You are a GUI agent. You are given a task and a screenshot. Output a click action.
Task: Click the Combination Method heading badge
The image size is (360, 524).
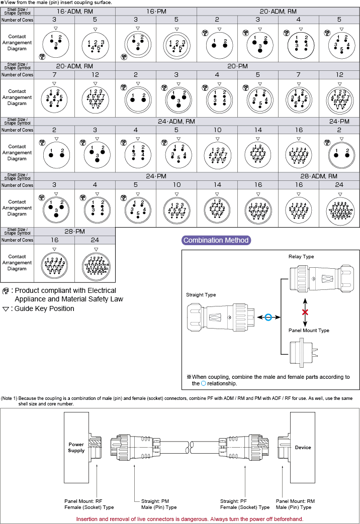tap(216, 240)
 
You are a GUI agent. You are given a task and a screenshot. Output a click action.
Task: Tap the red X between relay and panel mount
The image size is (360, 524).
tap(305, 312)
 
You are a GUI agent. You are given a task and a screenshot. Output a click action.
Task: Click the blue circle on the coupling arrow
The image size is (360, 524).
tap(268, 318)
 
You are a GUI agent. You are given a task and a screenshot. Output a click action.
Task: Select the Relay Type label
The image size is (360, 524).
tap(301, 257)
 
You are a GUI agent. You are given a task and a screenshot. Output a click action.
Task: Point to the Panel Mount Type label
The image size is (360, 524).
tap(309, 331)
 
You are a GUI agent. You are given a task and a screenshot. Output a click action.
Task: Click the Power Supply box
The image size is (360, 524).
tap(76, 448)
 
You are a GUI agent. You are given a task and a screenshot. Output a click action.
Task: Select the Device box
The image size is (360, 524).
tap(303, 447)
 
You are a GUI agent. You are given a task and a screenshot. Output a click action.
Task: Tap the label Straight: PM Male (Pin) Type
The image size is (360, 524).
tap(156, 504)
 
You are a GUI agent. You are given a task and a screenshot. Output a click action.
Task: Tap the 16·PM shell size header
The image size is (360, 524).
tap(156, 11)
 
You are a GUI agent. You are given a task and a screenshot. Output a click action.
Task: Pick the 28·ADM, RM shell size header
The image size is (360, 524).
tap(319, 176)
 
